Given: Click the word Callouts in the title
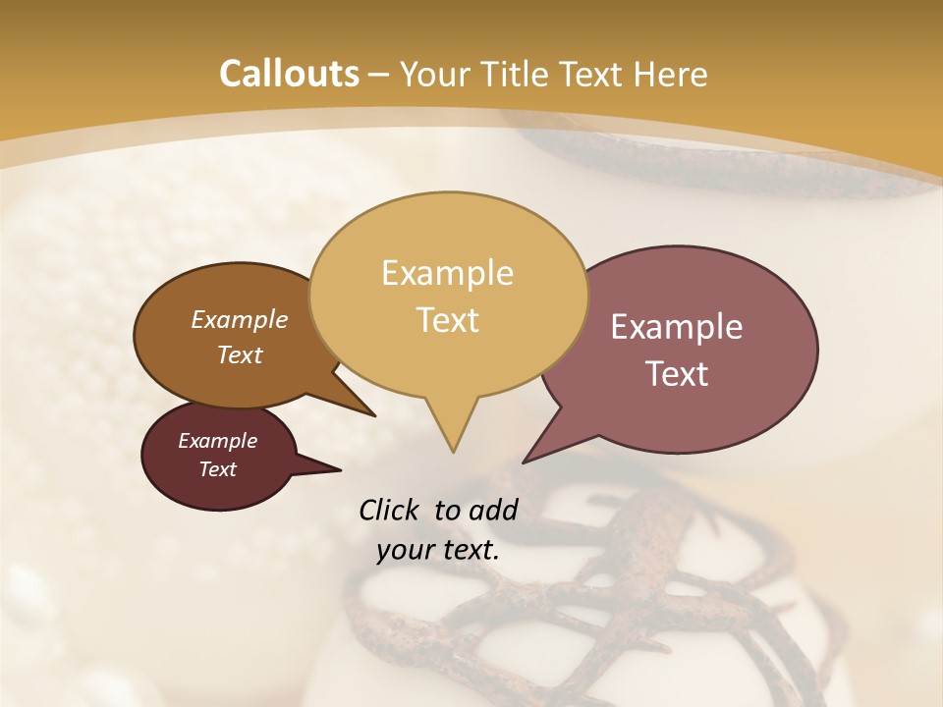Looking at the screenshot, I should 289,74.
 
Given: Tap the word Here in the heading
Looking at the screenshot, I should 670,74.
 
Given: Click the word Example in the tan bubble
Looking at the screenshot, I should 447,273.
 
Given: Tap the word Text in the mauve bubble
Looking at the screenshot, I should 677,373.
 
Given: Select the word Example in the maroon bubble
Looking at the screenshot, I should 217,441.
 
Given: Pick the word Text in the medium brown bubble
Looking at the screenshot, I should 239,354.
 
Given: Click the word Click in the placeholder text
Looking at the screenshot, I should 390,510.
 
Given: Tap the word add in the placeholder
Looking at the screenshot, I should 492,510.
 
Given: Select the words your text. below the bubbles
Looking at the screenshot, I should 438,550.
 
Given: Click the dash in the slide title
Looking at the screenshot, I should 378,75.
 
